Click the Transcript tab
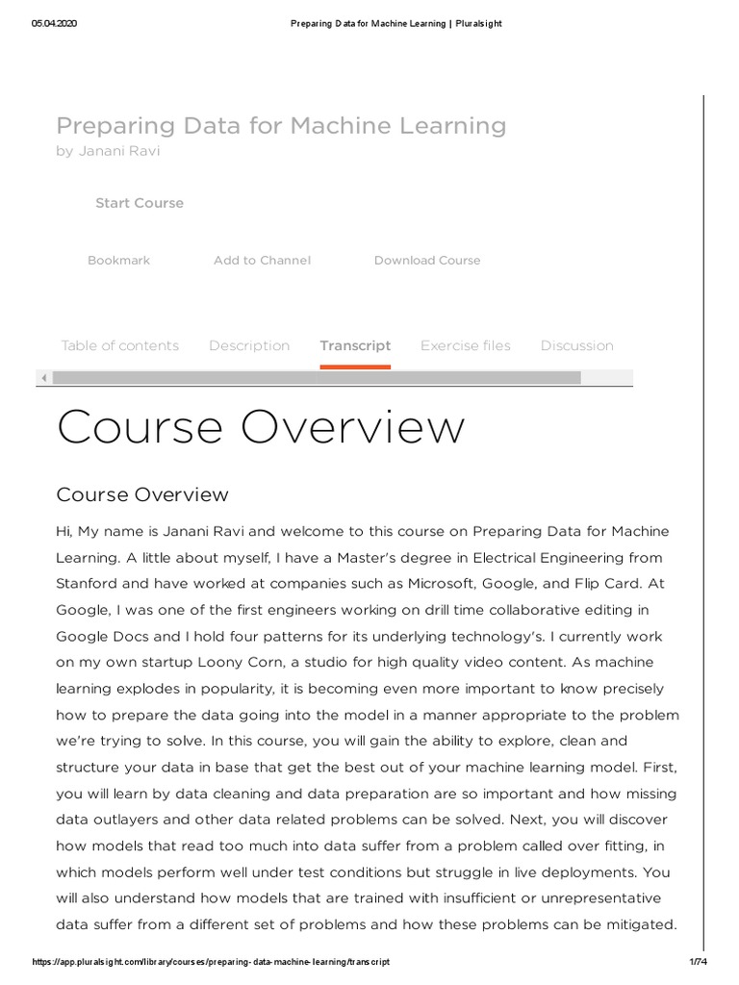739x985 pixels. click(x=355, y=346)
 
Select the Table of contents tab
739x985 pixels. click(x=119, y=346)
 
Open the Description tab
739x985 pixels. click(x=249, y=346)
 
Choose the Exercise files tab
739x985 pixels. click(x=466, y=346)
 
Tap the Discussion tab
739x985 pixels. click(x=576, y=346)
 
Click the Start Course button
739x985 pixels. click(x=140, y=203)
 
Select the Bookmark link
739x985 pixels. click(x=118, y=261)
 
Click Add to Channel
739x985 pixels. click(x=262, y=261)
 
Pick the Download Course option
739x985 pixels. click(x=427, y=261)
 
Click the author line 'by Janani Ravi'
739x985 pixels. click(x=108, y=152)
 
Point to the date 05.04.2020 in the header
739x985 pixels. click(x=54, y=24)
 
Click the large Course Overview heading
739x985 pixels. click(x=261, y=428)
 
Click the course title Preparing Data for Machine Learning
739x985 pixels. click(x=281, y=126)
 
